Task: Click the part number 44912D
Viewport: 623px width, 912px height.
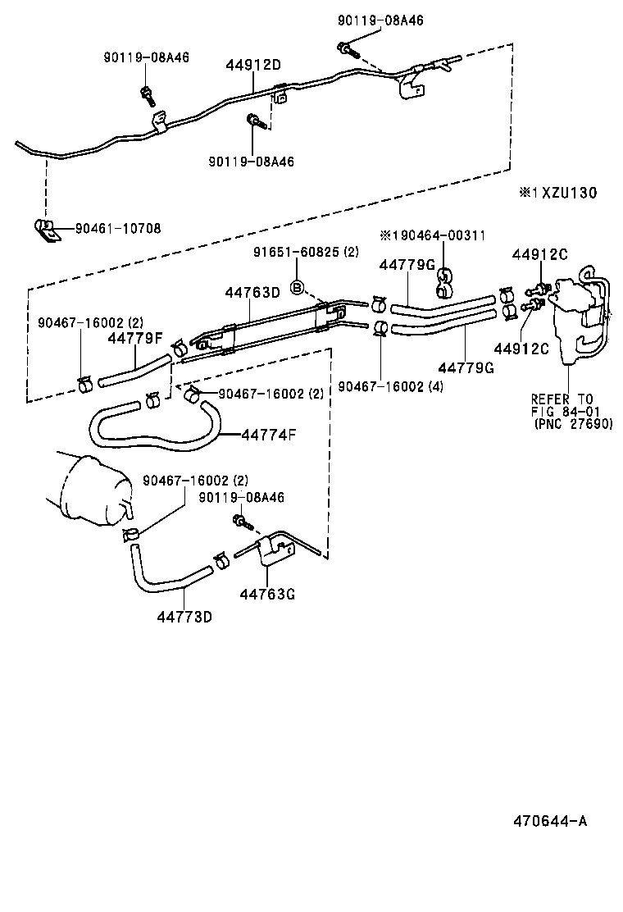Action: pyautogui.click(x=253, y=65)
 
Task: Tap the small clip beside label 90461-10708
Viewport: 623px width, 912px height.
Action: pyautogui.click(x=46, y=229)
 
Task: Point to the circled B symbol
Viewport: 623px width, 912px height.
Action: pyautogui.click(x=298, y=286)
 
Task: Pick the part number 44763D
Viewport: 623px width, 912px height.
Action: pyautogui.click(x=252, y=293)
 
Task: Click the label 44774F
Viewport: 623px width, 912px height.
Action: pyautogui.click(x=269, y=434)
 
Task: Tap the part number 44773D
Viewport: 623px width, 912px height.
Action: pyautogui.click(x=184, y=616)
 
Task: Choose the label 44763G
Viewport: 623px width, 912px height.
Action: pyautogui.click(x=267, y=593)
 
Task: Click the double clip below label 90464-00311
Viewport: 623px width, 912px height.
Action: pyautogui.click(x=442, y=283)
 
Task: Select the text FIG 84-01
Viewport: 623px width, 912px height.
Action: pyautogui.click(x=566, y=412)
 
